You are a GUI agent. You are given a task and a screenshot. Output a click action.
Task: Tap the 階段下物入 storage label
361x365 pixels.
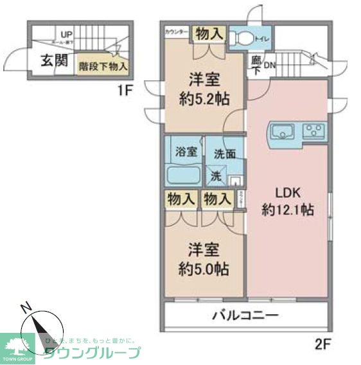[x=103, y=66]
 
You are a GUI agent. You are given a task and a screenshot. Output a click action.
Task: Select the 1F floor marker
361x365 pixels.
[x=125, y=91]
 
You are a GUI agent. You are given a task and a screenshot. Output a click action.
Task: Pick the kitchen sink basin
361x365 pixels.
[x=282, y=132]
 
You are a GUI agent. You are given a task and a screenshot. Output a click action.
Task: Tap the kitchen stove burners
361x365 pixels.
[x=314, y=132]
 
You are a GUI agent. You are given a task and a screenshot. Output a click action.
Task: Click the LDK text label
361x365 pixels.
[x=288, y=192]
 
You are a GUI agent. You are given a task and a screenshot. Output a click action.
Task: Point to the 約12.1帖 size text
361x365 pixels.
[x=288, y=209]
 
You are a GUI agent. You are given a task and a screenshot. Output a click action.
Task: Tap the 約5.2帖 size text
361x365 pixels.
[x=204, y=100]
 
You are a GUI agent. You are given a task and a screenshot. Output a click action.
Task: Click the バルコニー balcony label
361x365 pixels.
[x=245, y=316]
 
